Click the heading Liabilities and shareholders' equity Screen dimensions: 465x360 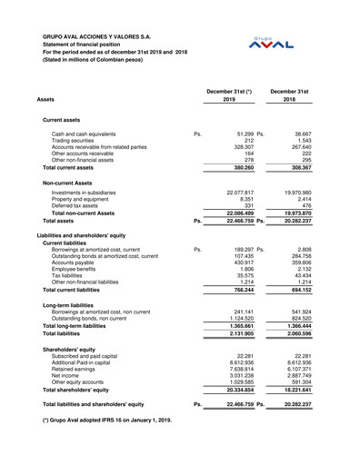[x=95, y=235]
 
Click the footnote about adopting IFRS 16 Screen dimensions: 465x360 [x=106, y=421]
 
